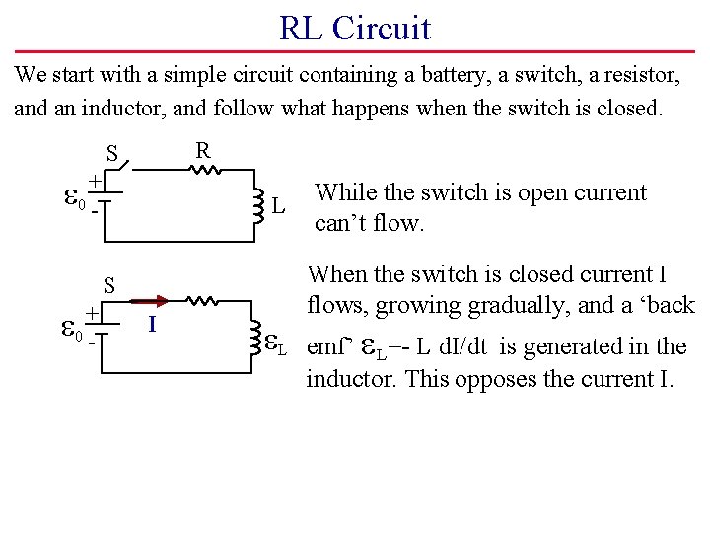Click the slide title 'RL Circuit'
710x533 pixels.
[x=355, y=28]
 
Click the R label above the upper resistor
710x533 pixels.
[x=202, y=150]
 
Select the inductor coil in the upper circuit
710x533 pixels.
[x=257, y=204]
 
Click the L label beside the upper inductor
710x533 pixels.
[x=280, y=206]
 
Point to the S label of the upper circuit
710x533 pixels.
[x=112, y=154]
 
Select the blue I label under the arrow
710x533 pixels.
[x=152, y=324]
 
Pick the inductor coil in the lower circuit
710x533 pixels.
[x=257, y=337]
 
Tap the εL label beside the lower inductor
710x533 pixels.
[x=276, y=344]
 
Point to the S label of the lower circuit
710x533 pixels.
[x=111, y=285]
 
